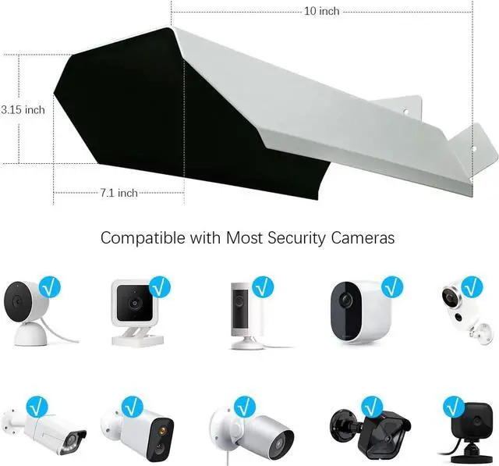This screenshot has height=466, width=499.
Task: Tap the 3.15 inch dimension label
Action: click(x=23, y=110)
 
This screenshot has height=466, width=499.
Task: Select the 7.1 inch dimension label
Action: click(x=119, y=193)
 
